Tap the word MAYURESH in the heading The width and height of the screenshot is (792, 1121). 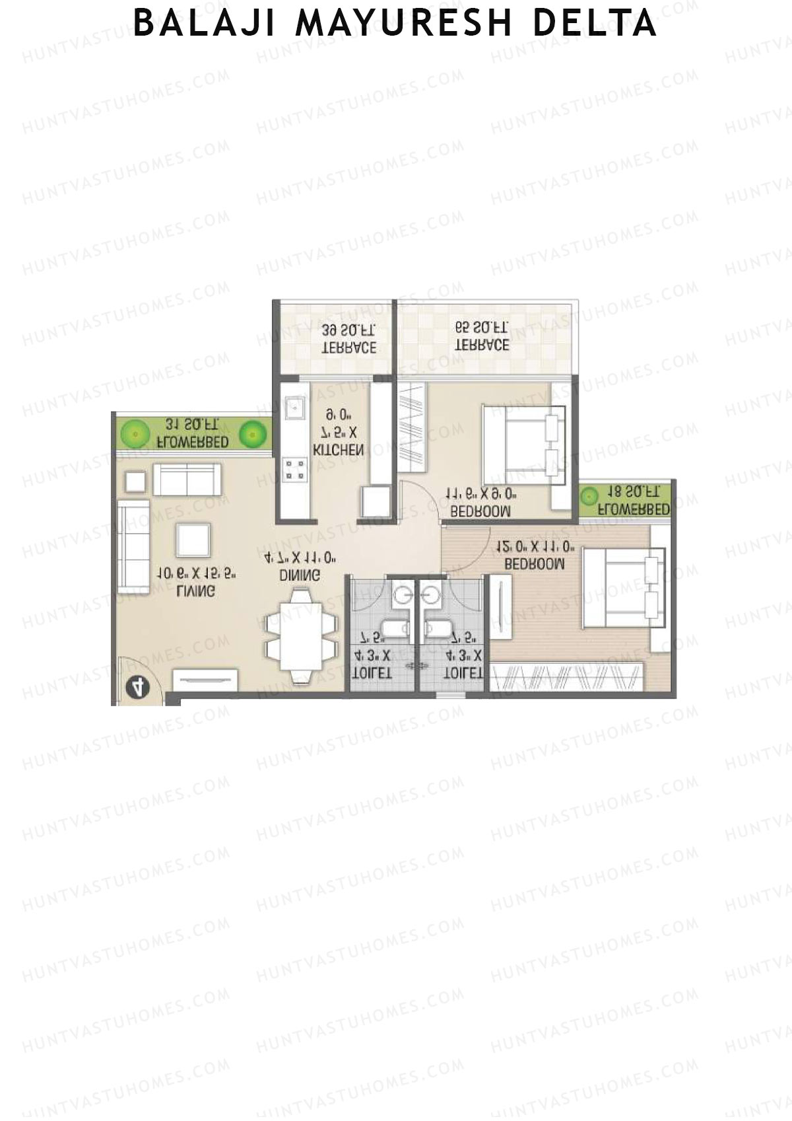[x=404, y=24]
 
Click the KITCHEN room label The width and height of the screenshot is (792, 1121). [x=338, y=450]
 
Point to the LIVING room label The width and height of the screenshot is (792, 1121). [x=195, y=591]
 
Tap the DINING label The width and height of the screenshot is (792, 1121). [x=300, y=575]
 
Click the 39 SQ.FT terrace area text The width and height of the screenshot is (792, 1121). [x=349, y=330]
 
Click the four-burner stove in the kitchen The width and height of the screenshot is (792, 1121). [x=294, y=470]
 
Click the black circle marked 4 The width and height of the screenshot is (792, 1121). [x=137, y=688]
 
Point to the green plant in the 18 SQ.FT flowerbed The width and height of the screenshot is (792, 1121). [x=589, y=495]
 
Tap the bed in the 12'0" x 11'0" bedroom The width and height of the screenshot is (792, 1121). [x=622, y=588]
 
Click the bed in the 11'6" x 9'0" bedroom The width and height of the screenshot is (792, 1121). [x=524, y=445]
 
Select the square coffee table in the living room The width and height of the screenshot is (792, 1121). [x=193, y=540]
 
